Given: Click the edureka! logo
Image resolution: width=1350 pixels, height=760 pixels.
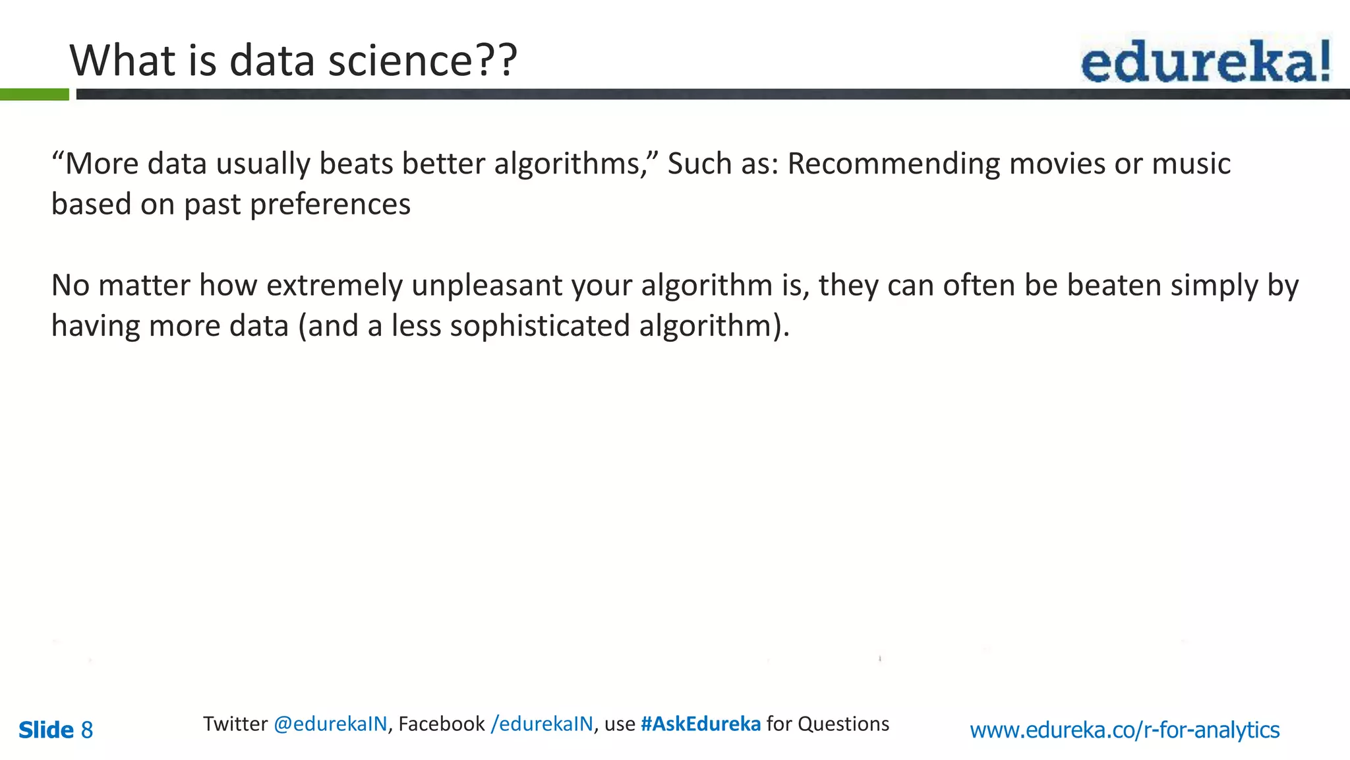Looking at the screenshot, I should [1205, 61].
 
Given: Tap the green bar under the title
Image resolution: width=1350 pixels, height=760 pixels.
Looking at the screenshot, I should [34, 94].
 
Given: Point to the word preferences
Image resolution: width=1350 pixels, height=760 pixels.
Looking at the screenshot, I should [330, 205].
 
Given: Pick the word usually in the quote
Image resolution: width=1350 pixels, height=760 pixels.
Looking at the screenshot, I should [263, 164].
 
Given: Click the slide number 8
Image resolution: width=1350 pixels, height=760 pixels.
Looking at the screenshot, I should [86, 730].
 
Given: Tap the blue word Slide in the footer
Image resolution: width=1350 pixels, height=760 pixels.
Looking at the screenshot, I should [46, 730].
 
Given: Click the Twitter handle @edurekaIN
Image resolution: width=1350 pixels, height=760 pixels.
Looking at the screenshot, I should [330, 724].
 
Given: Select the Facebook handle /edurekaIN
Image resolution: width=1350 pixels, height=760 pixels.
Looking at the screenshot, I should [542, 724].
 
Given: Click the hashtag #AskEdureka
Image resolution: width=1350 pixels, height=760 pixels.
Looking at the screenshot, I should [700, 724].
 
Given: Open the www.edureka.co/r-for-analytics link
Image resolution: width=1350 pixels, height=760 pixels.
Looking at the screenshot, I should [1125, 730].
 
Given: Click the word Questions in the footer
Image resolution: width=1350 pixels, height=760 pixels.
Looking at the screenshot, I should [843, 724].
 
